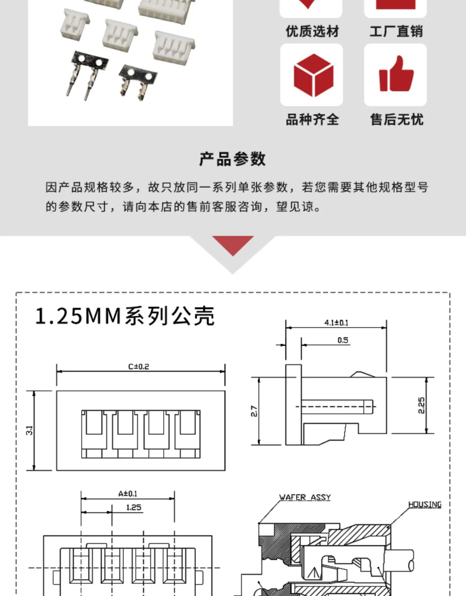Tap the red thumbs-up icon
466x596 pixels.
point(396,74)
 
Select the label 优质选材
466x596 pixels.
point(312,32)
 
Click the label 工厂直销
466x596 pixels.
point(396,32)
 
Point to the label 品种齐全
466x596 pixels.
point(312,120)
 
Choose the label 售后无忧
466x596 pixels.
point(396,120)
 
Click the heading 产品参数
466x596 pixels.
point(232,159)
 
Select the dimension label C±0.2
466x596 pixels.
point(139,367)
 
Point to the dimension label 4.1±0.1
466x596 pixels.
point(336,323)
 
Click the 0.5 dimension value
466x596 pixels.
point(343,340)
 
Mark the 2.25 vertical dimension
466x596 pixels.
point(421,405)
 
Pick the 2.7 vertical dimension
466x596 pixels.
point(254,411)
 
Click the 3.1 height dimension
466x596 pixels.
point(29,430)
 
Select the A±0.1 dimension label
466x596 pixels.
point(128,494)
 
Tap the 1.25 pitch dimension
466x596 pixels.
point(134,508)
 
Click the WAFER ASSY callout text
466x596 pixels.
point(305,497)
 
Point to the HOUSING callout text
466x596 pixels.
point(425,505)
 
